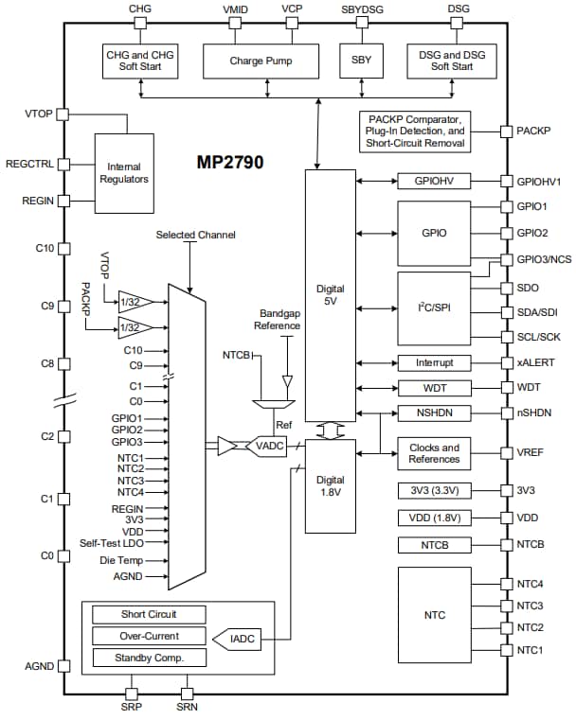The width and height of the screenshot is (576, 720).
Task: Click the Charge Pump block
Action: tap(261, 61)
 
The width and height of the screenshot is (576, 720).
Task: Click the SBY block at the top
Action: tap(360, 61)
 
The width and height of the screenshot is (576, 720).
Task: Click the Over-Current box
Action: tap(149, 636)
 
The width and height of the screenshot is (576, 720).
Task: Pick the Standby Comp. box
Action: tap(149, 658)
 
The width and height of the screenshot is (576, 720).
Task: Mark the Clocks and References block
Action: tap(434, 453)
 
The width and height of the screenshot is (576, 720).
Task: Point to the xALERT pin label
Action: tap(536, 362)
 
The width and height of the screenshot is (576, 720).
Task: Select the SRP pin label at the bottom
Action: tap(132, 705)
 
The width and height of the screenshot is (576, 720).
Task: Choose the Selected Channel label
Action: tap(196, 235)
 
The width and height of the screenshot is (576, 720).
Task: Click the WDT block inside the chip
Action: tap(434, 388)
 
